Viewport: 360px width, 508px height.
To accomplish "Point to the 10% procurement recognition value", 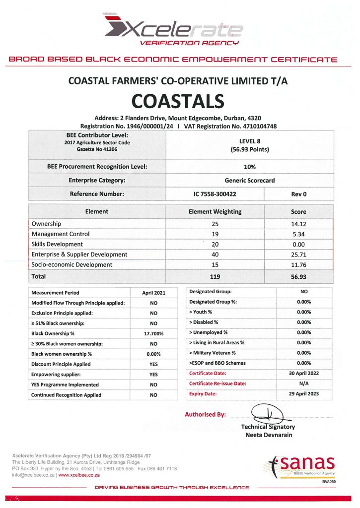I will click(250, 167).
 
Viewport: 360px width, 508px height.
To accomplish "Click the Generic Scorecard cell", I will click(250, 181).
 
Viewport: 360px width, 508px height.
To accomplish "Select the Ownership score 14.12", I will click(298, 224).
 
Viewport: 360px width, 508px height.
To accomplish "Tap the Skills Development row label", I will click(57, 244).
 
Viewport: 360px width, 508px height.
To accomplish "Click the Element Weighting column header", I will click(215, 211).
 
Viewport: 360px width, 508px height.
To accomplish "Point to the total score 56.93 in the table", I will click(298, 276).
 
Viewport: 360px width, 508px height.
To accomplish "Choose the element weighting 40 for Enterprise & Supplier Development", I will click(215, 254).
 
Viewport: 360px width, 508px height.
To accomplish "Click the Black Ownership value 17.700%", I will click(153, 333).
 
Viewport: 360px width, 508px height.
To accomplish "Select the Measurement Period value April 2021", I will click(153, 293).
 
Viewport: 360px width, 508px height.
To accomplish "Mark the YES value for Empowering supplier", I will click(153, 375).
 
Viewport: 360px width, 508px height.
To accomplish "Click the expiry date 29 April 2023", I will click(304, 394).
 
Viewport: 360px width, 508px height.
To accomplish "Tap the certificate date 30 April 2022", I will click(304, 373).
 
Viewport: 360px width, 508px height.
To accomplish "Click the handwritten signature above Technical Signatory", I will click(267, 413).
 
